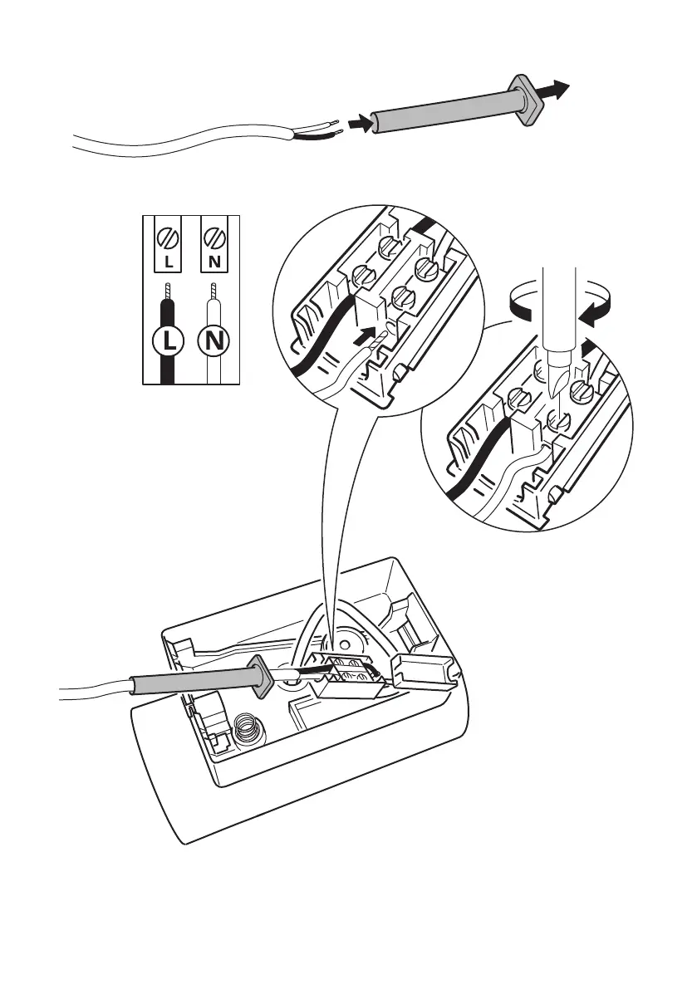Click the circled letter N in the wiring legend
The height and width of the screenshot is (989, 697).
click(x=215, y=340)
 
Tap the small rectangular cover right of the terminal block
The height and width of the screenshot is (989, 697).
click(x=424, y=668)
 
